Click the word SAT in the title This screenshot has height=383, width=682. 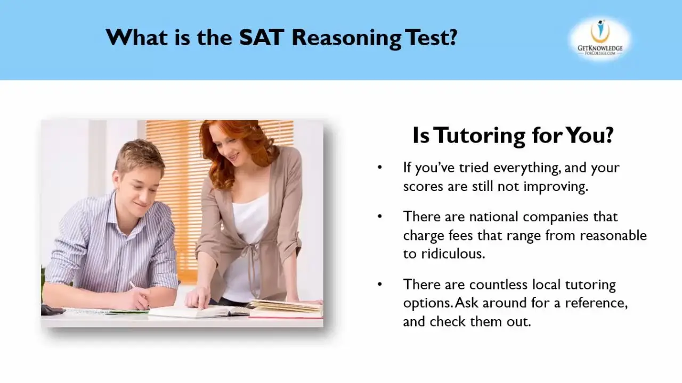point(262,37)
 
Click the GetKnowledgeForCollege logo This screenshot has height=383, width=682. point(600,39)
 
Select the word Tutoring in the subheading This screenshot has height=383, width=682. point(480,135)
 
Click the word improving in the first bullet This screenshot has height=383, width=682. point(556,187)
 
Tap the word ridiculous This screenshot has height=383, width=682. point(453,254)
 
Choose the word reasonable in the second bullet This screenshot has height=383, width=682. point(613,236)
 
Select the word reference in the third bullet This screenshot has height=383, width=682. point(596,303)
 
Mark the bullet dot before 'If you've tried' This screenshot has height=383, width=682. point(380,167)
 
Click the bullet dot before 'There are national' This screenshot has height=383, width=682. point(380,217)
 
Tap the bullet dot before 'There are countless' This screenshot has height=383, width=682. point(380,284)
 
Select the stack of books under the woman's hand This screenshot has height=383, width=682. point(286,309)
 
